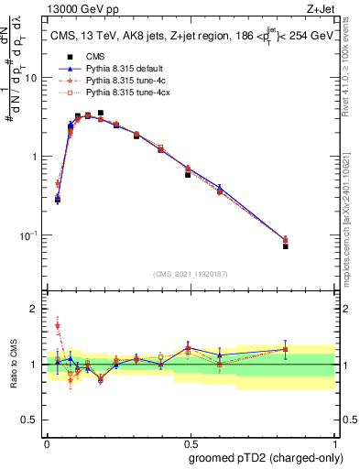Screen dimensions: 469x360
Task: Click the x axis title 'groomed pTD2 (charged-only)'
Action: coord(265,457)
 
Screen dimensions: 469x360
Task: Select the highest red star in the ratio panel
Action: coord(58,325)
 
